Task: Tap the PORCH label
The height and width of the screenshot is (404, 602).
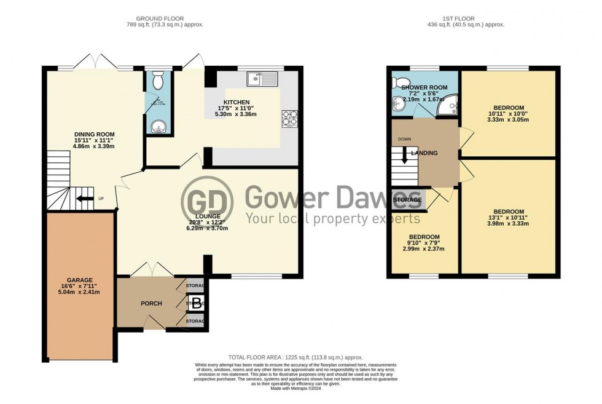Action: pos(151,303)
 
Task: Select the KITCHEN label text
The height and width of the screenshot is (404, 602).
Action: pos(237,102)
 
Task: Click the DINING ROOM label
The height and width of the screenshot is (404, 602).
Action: pos(95,134)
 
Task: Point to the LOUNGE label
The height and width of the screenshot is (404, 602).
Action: pos(209,216)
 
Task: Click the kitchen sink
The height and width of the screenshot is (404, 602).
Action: pos(262,79)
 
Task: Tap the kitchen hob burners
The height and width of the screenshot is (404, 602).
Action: pos(289,118)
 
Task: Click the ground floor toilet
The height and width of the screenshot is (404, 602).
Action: pos(158,79)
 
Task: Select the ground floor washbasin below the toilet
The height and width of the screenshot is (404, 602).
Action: pos(158,127)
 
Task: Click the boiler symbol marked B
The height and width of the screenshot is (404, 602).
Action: pos(196,303)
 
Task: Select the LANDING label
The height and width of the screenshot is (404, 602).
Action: pos(424,153)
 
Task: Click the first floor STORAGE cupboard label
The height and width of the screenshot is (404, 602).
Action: pos(407,200)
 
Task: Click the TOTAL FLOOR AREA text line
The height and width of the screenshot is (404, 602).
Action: pos(295,357)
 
